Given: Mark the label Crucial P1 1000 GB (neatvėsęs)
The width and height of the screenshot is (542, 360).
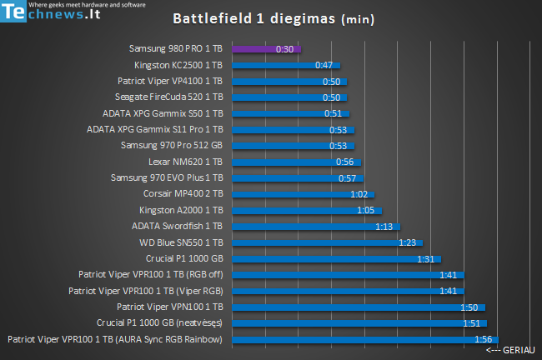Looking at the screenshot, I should (159, 322).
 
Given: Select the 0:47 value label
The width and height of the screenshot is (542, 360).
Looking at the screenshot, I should (324, 65).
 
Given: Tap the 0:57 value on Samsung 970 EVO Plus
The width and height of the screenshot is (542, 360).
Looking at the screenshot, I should (347, 178).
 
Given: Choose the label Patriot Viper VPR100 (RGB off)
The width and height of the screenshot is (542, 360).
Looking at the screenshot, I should (150, 274).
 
